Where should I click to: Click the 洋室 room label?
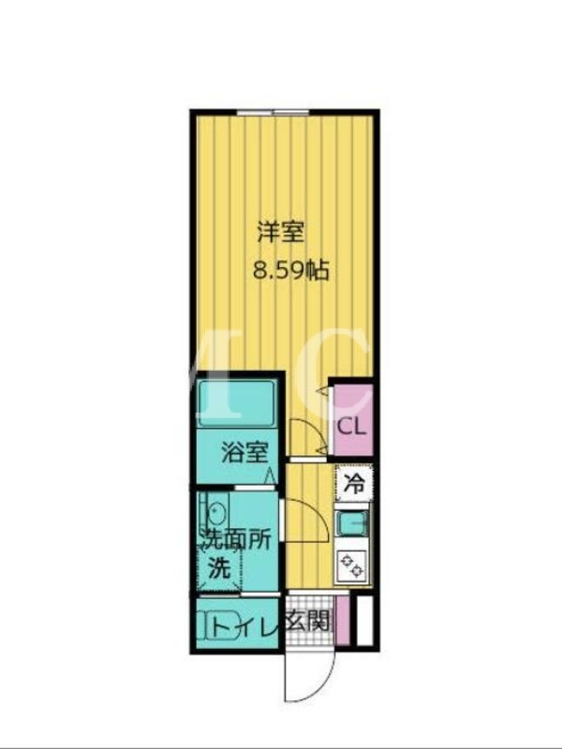(280, 232)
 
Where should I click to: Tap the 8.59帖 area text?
(290, 271)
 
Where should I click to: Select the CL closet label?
(352, 427)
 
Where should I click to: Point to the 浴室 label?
(244, 452)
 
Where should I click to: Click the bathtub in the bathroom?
(236, 404)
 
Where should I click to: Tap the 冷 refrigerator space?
(354, 484)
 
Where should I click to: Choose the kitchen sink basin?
(353, 523)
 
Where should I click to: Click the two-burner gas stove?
(352, 565)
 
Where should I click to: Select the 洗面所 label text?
(235, 540)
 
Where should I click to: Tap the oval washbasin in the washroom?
(216, 512)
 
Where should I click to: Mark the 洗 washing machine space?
(220, 568)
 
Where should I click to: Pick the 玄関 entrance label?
(308, 622)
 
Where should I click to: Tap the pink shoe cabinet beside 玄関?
(343, 620)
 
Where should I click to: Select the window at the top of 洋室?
(274, 112)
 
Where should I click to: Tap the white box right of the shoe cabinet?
(365, 620)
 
